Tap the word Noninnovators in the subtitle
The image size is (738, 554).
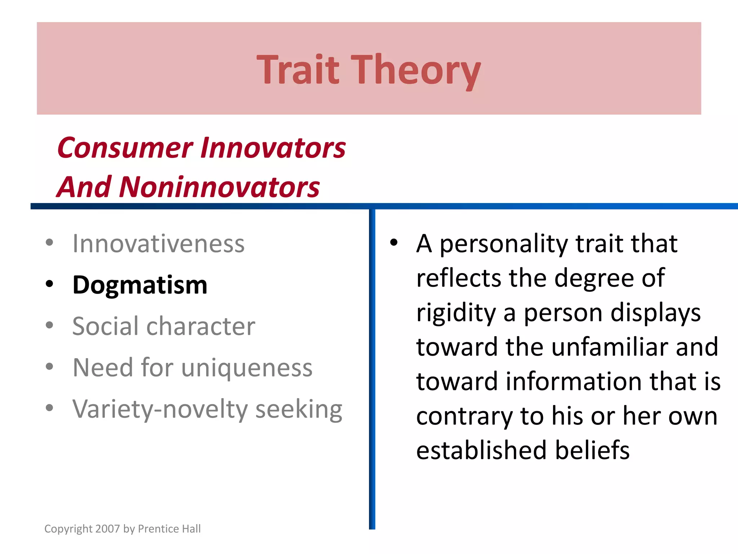click(219, 187)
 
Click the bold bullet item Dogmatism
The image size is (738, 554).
click(140, 285)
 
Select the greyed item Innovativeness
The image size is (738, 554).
click(159, 244)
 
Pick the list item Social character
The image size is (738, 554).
click(164, 326)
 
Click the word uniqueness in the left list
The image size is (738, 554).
click(247, 368)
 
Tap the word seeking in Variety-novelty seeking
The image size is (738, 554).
click(299, 410)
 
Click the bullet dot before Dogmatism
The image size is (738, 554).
click(50, 284)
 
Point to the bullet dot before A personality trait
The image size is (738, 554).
click(394, 242)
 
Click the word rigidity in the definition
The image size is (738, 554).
click(456, 313)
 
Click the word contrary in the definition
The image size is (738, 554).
click(464, 416)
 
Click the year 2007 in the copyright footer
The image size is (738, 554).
click(108, 529)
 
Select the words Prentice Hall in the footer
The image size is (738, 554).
click(169, 529)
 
